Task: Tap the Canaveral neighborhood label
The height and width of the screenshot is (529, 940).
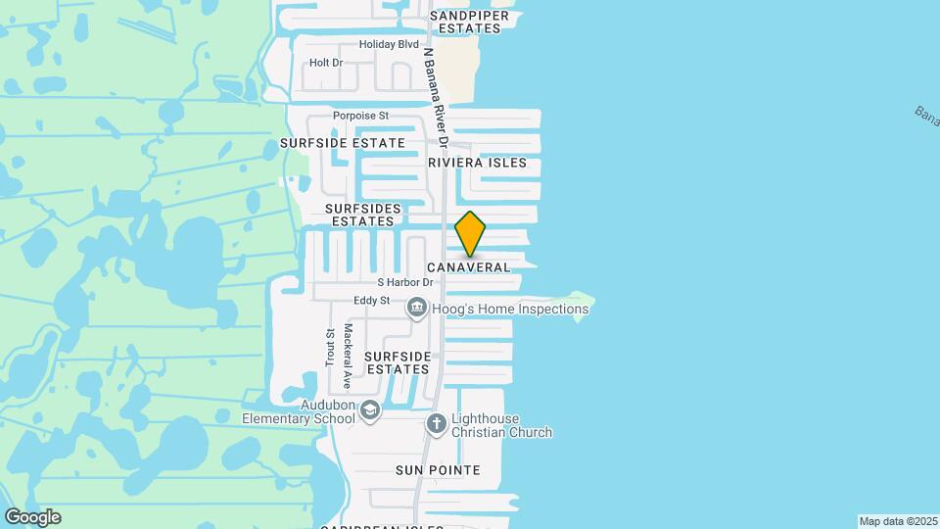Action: click(x=469, y=267)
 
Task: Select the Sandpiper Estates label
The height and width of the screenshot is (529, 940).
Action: click(x=468, y=23)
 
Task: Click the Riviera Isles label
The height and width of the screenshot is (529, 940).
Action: click(x=478, y=163)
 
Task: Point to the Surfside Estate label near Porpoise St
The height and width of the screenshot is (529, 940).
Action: click(x=342, y=143)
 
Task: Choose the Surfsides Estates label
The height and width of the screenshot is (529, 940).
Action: click(x=362, y=215)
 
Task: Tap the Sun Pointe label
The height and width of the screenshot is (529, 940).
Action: click(x=438, y=470)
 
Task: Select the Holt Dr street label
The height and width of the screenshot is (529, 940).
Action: click(x=326, y=63)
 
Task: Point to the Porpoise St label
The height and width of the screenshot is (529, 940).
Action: click(x=361, y=116)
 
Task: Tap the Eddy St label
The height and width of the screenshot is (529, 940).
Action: click(x=372, y=300)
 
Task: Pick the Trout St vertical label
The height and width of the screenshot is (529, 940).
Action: click(x=330, y=347)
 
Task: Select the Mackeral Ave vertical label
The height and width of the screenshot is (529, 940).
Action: click(x=348, y=357)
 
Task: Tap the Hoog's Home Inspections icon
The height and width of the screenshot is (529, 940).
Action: click(x=416, y=310)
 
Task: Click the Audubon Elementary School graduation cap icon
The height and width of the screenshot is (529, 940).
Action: click(x=369, y=409)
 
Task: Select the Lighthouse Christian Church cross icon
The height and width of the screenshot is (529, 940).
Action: click(x=437, y=424)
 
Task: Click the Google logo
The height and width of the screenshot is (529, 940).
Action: click(x=32, y=517)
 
